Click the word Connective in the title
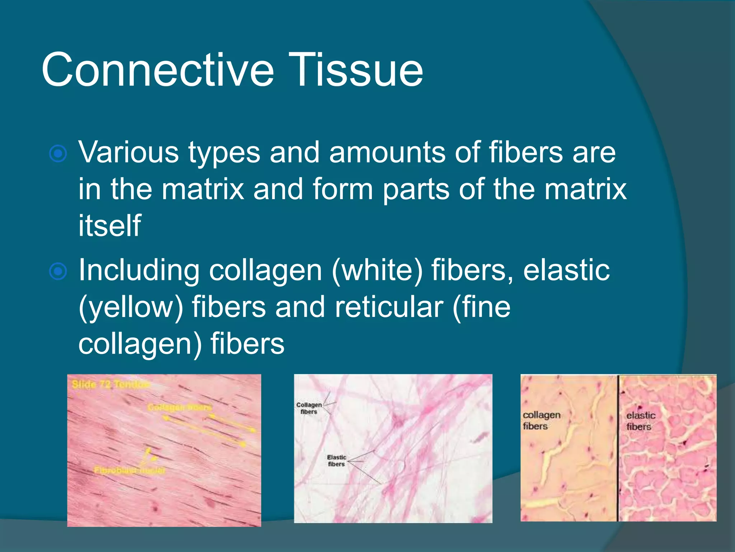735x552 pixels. coord(158,70)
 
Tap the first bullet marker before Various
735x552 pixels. coord(58,154)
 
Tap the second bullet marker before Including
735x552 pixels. coord(58,271)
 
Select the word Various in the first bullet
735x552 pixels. coord(128,152)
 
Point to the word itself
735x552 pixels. coord(109,226)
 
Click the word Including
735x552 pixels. coord(139,271)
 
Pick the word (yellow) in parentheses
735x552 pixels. coord(131,307)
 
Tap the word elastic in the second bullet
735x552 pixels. coord(566,270)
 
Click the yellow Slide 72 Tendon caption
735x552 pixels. coord(111,385)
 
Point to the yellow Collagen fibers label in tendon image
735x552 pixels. coord(179,408)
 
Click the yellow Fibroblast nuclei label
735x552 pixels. coord(130,470)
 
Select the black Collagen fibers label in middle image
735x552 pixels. coord(309,408)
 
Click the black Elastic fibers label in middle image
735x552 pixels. coord(336,461)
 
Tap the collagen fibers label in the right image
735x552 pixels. coord(541,420)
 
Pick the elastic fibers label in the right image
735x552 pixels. coord(641,421)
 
